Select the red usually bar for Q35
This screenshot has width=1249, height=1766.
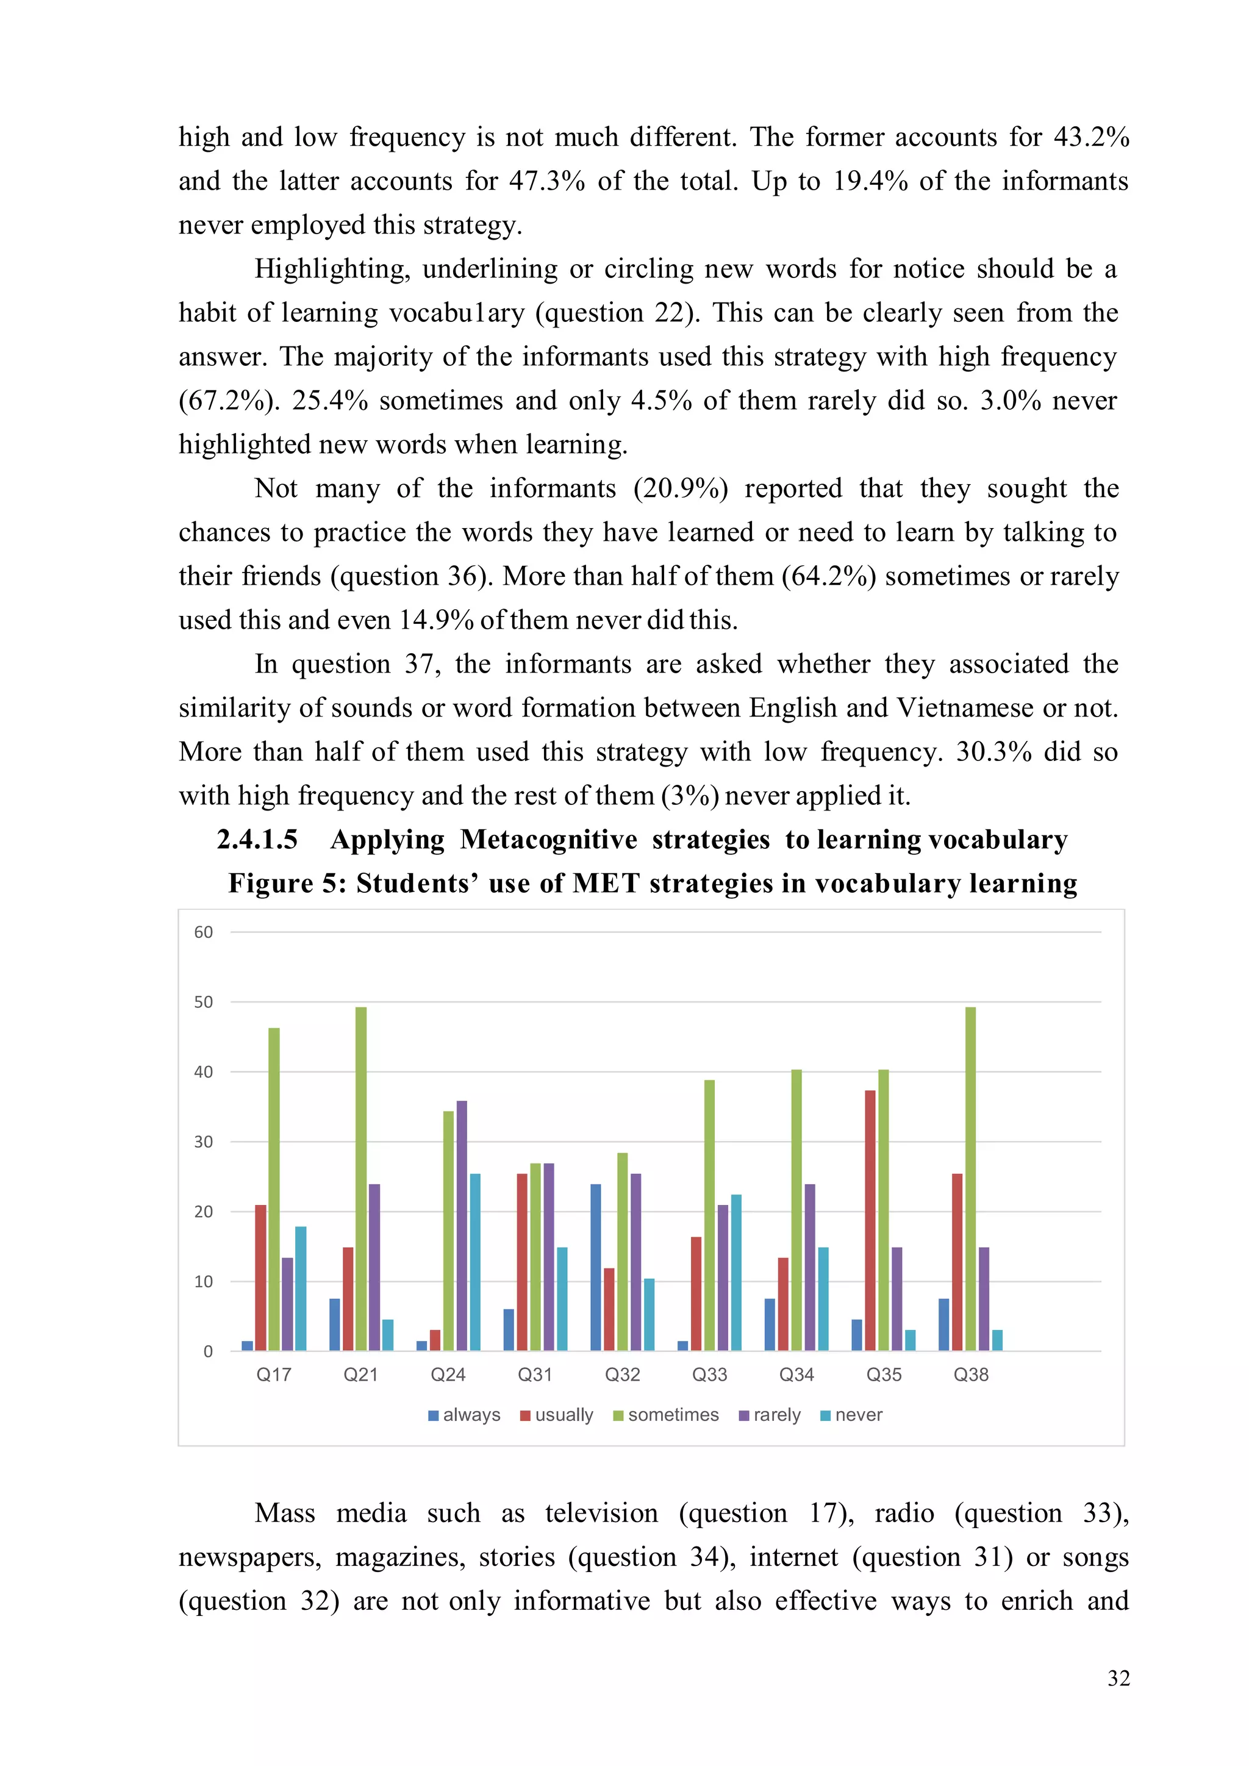click(x=870, y=1220)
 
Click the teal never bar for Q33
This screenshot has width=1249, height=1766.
click(x=736, y=1272)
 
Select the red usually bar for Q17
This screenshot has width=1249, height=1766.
click(x=261, y=1278)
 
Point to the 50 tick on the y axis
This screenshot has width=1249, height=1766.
click(x=203, y=1003)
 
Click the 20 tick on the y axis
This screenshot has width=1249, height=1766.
click(x=203, y=1212)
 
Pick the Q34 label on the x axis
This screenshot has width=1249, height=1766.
click(x=796, y=1375)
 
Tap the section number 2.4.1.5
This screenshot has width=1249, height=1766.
click(x=257, y=839)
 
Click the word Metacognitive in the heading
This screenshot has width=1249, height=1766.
click(x=548, y=839)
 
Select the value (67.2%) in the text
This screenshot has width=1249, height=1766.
click(x=229, y=401)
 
